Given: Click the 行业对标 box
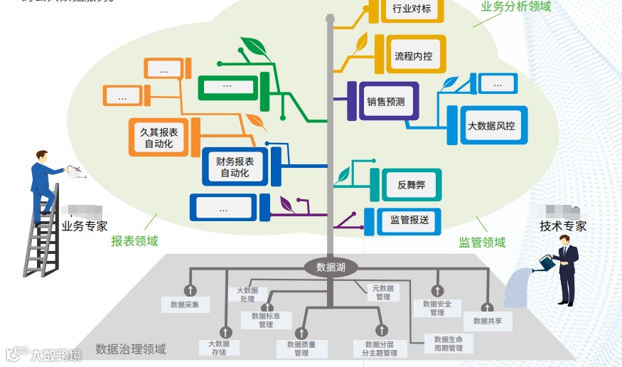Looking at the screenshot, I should (411, 10).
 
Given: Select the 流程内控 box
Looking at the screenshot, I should (413, 55).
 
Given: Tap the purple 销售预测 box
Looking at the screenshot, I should (386, 102).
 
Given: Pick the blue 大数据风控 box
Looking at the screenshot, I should (490, 126).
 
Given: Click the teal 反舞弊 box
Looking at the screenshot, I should (411, 185).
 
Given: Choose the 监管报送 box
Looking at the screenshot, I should (409, 220).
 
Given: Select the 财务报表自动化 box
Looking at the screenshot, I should (235, 167).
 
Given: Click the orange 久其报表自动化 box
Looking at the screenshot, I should (159, 138).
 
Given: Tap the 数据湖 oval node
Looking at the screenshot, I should (331, 267).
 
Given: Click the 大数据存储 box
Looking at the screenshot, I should (218, 348).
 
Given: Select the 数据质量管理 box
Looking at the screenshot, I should (301, 349).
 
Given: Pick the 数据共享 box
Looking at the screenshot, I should (488, 321).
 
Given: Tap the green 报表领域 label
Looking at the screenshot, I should (134, 241).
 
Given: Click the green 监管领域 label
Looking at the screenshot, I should (482, 243).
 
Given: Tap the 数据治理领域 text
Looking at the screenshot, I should (131, 349).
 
